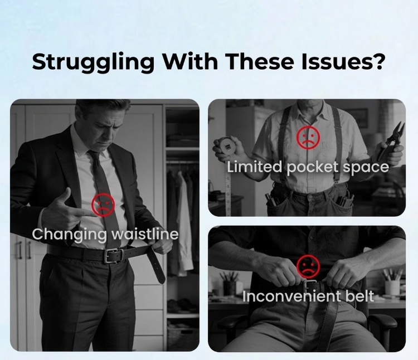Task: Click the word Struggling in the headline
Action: [93, 62]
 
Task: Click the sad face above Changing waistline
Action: [103, 205]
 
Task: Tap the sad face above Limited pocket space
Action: [308, 138]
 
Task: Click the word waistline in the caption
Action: [145, 234]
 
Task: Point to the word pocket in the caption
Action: [313, 167]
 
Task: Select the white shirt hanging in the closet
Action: [184, 224]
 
